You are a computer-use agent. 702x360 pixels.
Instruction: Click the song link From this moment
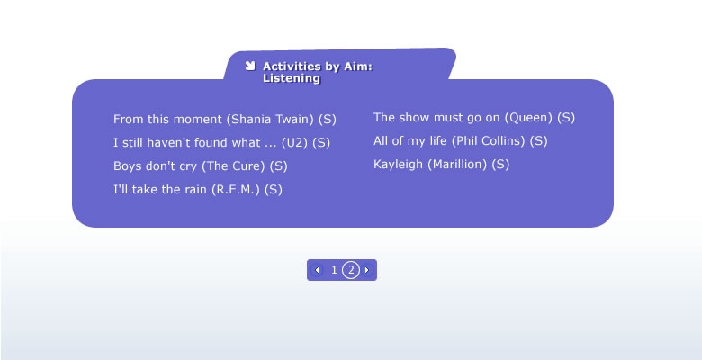225,120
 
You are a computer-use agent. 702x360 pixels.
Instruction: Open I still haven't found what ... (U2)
221,143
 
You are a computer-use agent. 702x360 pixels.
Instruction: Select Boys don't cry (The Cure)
200,166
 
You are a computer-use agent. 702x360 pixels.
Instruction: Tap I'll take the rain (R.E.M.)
198,189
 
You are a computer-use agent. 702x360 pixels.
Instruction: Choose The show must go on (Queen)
474,118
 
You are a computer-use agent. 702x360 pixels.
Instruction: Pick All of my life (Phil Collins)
460,141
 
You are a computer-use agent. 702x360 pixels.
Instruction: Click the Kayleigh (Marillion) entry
441,165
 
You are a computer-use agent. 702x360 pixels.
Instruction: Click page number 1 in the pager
334,270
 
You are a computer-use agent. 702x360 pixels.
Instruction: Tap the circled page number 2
351,270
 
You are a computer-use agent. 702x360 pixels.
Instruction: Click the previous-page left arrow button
318,270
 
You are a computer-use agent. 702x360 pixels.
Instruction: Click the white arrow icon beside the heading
250,66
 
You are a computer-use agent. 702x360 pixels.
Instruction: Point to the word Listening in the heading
292,78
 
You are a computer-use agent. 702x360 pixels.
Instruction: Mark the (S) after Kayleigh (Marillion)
500,165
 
